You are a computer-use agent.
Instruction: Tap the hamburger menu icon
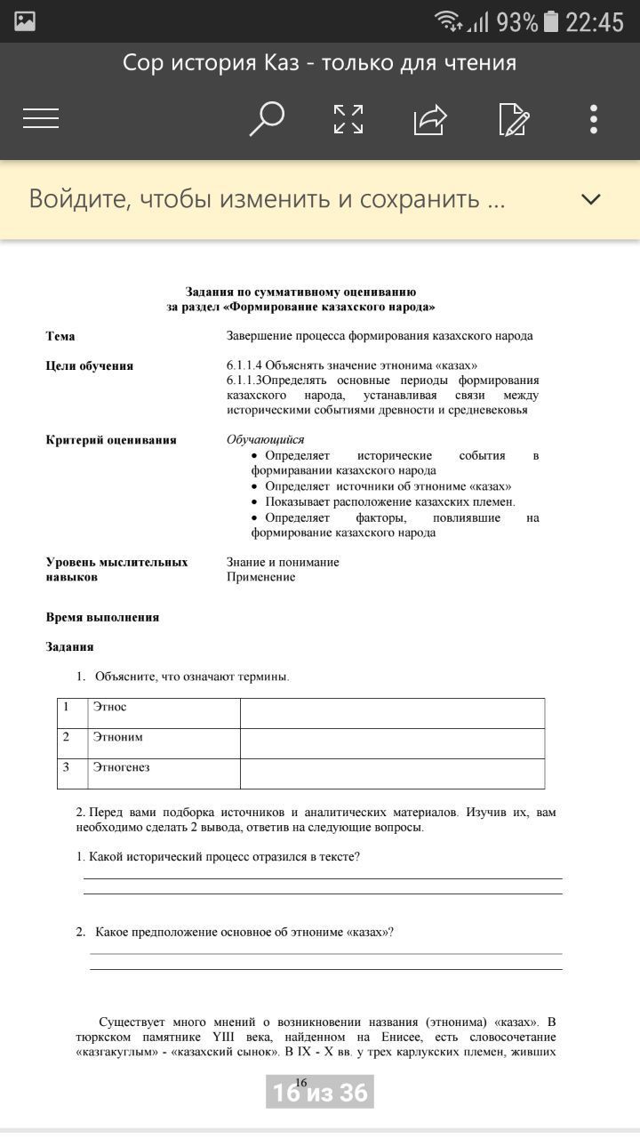pos(41,118)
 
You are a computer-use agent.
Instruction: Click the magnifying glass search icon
pos(266,118)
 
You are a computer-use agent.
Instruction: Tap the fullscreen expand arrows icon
pos(348,118)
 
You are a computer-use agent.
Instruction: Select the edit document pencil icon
pos(514,118)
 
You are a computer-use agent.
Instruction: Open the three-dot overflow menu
pos(593,118)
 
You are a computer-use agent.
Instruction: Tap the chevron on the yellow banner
pos(591,199)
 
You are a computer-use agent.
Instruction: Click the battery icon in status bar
pos(551,21)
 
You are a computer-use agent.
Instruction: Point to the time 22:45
pos(595,21)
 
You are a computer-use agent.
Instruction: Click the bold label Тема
pos(60,336)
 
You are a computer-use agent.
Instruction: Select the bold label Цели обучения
pos(89,365)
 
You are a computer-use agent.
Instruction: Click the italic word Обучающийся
pos(265,439)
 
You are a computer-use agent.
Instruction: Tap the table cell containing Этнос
pos(164,713)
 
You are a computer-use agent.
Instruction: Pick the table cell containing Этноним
pos(164,743)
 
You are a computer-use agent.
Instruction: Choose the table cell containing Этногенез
pos(164,773)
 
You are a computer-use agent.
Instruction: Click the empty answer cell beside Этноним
pos(392,743)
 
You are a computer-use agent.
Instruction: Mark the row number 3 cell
pos(72,773)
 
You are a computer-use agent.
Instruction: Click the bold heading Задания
pos(69,646)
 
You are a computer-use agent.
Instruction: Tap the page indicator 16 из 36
pos(319,1092)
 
